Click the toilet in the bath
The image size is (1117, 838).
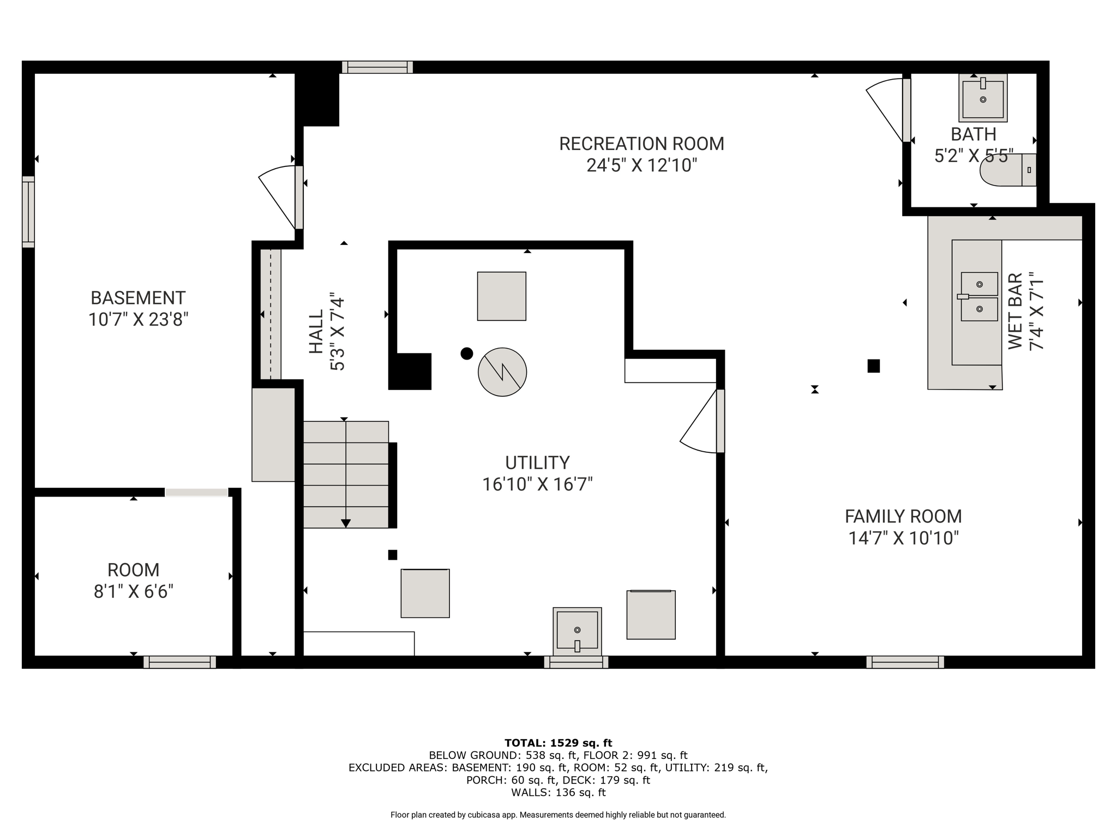tap(1008, 170)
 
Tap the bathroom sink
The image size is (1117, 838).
tap(983, 98)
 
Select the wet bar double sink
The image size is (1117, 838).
tap(978, 296)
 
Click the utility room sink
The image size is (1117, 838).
tap(577, 631)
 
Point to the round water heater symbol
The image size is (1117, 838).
tap(502, 372)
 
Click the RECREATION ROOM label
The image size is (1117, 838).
tap(642, 144)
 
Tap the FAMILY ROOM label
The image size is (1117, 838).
tap(903, 516)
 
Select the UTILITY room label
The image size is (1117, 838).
tap(537, 463)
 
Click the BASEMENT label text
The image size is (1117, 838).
tap(138, 298)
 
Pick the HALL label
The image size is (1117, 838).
tap(316, 332)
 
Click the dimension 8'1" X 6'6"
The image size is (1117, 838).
tap(134, 591)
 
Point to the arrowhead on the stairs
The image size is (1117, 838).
tap(345, 524)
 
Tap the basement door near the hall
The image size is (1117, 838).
tap(281, 197)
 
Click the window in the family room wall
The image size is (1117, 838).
tap(905, 662)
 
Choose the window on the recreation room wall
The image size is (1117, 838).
tap(377, 67)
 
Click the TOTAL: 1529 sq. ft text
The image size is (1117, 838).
tap(558, 743)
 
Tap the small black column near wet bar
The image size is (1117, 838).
tap(873, 366)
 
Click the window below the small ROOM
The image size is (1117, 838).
tap(180, 662)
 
